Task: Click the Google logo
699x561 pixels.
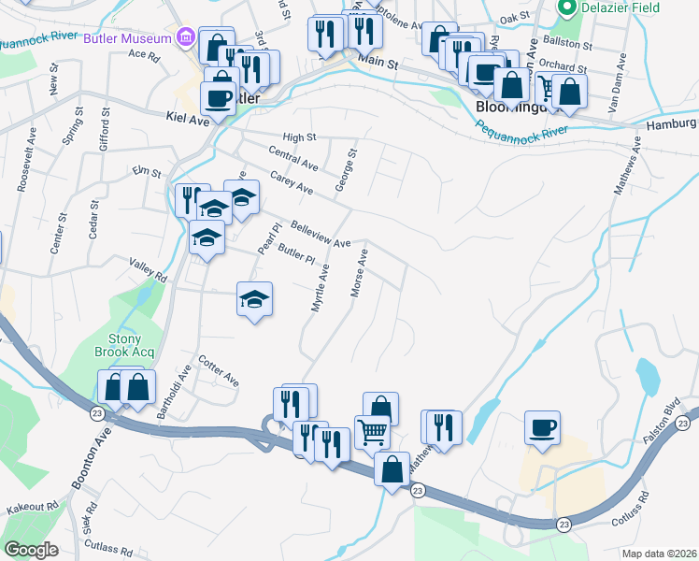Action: (30, 550)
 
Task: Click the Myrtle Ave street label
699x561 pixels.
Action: (320, 288)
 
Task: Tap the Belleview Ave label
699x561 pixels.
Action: (320, 234)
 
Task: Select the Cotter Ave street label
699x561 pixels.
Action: (219, 370)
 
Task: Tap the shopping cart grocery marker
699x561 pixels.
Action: (372, 431)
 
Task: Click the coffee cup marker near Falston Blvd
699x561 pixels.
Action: (542, 427)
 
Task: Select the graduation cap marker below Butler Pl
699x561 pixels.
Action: (254, 299)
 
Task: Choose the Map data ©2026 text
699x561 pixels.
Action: (661, 554)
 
